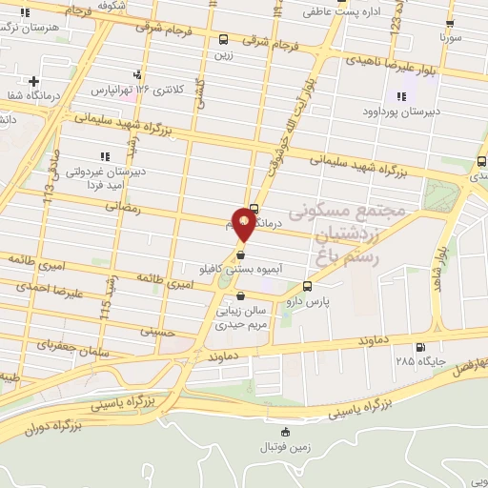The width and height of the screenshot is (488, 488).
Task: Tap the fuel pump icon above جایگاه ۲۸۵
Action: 420,347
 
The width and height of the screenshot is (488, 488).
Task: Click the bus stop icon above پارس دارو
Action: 307,286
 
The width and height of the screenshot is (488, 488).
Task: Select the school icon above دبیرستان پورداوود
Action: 400,96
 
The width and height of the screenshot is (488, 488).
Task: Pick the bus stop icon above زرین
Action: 223,40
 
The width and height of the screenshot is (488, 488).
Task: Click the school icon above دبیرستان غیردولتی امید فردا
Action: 103,156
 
